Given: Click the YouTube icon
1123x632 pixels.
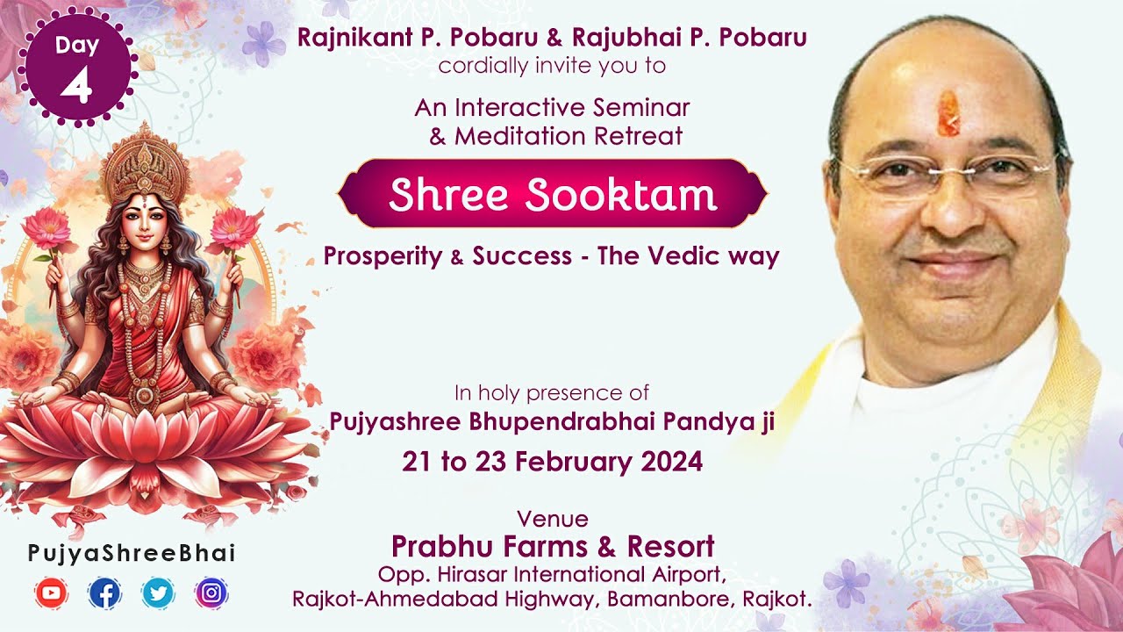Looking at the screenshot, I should click(52, 593).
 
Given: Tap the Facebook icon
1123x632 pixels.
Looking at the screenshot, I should click(104, 593).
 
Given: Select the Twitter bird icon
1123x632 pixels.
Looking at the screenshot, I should click(158, 593).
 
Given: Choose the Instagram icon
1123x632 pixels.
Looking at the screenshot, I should click(211, 593).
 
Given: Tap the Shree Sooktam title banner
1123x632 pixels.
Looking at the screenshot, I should click(552, 195).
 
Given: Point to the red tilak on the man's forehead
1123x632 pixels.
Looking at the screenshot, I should click(948, 113).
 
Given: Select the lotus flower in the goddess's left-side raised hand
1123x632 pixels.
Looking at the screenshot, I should click(46, 229).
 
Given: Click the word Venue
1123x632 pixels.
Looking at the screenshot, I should click(552, 518).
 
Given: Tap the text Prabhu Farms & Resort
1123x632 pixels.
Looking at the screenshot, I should click(552, 546).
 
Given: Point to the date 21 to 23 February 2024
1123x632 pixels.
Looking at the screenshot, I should click(552, 462).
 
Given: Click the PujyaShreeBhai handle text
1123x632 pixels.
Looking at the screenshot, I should click(132, 553).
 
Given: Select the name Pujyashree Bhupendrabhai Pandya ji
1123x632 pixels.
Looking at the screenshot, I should click(552, 422).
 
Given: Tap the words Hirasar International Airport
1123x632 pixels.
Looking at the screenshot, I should click(570, 574).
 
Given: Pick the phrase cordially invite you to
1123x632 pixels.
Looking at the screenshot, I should click(552, 66).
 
